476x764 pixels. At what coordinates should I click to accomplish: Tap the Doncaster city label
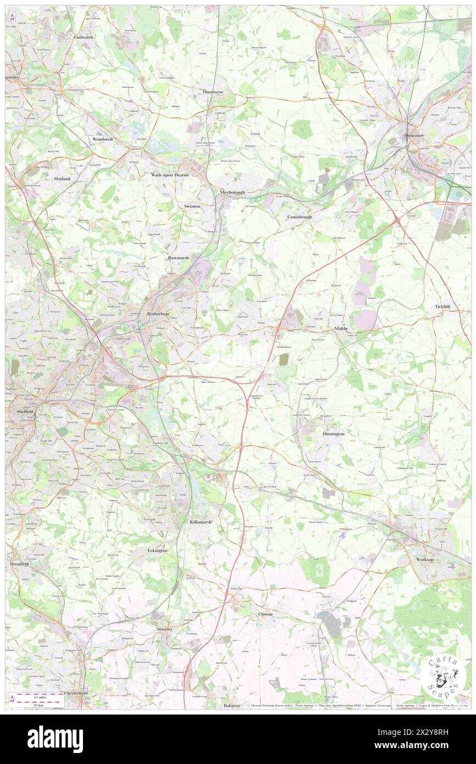416,135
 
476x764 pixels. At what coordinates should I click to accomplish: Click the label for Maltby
341,328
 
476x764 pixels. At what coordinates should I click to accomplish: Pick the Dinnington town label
333,434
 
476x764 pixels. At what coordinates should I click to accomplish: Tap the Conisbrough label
300,217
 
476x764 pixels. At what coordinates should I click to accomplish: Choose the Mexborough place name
232,192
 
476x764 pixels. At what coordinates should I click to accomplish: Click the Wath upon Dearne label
170,174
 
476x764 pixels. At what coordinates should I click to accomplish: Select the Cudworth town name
84,37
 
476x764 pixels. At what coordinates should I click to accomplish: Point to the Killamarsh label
201,521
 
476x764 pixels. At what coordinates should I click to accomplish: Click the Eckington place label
157,550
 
